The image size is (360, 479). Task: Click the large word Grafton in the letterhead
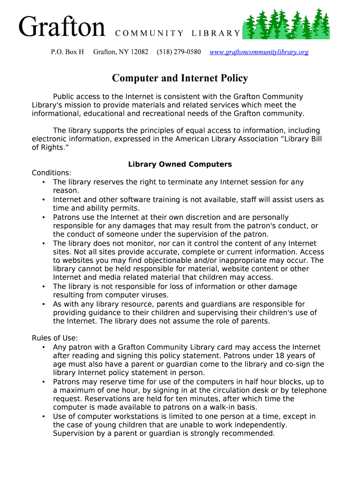tap(62, 27)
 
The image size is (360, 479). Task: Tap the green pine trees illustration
tap(288, 24)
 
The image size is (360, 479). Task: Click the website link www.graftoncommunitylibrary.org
tap(259, 52)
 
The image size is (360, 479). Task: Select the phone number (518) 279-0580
tap(179, 52)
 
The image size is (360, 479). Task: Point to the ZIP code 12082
tap(139, 52)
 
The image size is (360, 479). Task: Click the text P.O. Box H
tap(67, 52)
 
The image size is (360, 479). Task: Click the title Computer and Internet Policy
tap(180, 78)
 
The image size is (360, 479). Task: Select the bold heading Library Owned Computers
tap(180, 164)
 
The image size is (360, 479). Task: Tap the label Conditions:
tap(51, 173)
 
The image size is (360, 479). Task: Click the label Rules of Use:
tap(55, 338)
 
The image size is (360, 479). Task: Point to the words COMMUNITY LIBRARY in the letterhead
tap(177, 33)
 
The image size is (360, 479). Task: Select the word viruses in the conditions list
tap(156, 295)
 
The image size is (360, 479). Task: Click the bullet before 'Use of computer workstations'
tap(43, 416)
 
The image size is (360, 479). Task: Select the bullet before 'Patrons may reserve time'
tap(43, 382)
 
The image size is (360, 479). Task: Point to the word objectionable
tap(166, 261)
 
